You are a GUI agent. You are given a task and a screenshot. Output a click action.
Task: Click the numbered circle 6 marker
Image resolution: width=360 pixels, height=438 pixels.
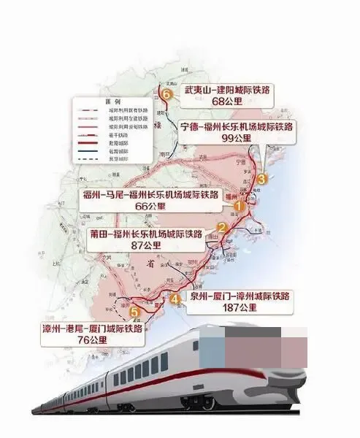[167, 94]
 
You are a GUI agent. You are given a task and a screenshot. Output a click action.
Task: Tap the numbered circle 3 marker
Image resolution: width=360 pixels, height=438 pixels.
[264, 177]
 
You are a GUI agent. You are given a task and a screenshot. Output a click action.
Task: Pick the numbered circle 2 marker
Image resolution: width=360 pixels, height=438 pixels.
[220, 228]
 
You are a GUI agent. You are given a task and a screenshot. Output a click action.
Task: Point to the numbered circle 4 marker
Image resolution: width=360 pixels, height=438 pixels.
[174, 298]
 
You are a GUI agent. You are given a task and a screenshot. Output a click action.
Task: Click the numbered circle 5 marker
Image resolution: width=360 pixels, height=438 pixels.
[133, 312]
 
